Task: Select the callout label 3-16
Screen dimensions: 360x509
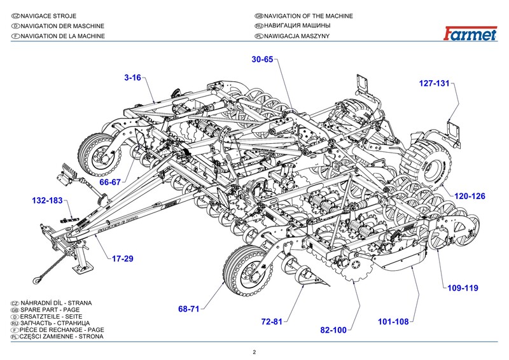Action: pos(133,78)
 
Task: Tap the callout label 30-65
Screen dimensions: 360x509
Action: pos(262,59)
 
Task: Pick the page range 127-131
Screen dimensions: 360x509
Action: pos(434,83)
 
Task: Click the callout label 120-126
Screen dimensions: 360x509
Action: pos(470,197)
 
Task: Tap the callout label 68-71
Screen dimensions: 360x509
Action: pos(189,309)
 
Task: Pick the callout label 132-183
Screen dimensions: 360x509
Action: pos(47,201)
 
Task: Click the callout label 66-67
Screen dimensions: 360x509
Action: pos(111,182)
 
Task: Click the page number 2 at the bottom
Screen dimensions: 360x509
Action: pos(254,352)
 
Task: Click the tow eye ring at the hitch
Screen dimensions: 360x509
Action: pos(39,276)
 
